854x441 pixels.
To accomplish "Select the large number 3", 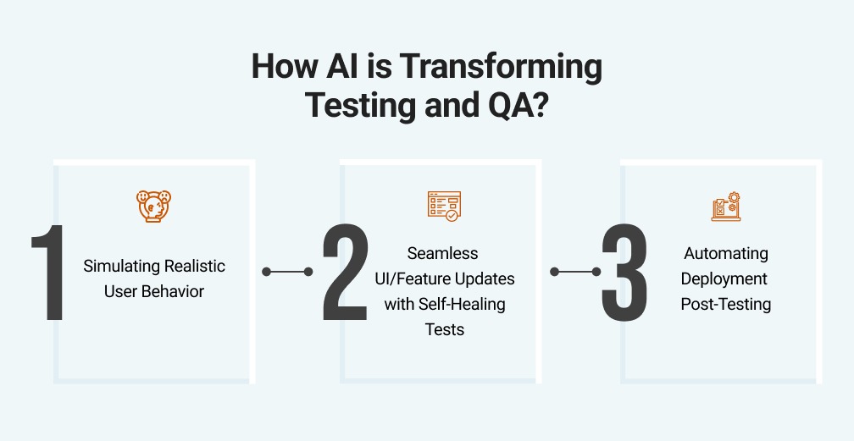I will coord(625,273).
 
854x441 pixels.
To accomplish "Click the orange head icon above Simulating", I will coord(154,206).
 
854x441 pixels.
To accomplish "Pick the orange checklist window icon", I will coord(444,206).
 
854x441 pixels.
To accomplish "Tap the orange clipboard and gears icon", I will coord(726,207).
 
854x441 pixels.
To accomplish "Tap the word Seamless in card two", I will coord(442,253).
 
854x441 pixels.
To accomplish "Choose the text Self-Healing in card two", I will coord(462,304).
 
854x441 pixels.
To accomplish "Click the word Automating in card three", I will coord(726,253).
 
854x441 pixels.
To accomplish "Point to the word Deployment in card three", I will coord(726,278).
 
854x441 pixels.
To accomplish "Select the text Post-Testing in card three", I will coord(726,304).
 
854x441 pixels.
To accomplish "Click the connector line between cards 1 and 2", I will coord(287,272).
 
